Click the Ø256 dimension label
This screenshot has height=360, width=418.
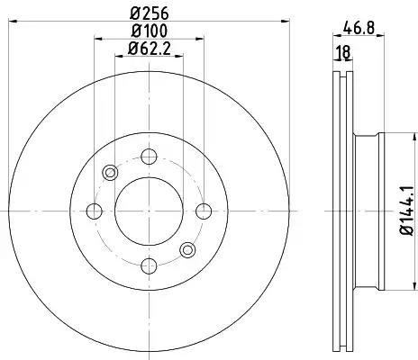click(150, 13)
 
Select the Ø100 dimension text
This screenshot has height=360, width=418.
click(150, 31)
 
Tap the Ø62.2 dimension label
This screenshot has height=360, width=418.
click(150, 49)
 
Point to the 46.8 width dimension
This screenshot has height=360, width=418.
click(359, 29)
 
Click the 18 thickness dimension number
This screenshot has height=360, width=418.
click(343, 52)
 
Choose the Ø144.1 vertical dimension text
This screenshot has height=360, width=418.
click(407, 211)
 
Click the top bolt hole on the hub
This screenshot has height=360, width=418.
click(149, 157)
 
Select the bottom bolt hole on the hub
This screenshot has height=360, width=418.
click(149, 265)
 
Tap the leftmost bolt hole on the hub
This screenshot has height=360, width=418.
click(95, 211)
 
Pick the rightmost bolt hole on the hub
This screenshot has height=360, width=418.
click(204, 211)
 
